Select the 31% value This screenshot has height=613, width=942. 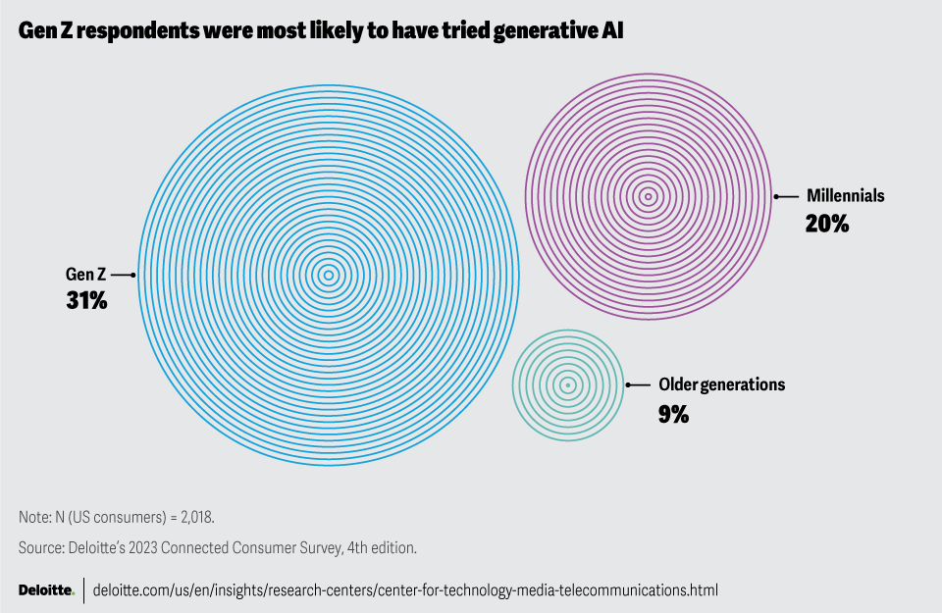(86, 301)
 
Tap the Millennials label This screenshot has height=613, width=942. (845, 196)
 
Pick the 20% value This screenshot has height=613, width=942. (826, 224)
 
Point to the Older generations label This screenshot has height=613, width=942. (721, 385)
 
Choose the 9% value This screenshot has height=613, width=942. (673, 414)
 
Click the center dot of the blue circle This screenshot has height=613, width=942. (328, 275)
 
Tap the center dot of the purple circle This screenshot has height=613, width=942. (648, 196)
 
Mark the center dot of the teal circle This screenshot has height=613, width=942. (568, 385)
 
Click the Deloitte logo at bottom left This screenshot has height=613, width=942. (46, 590)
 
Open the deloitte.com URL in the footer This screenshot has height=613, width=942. (405, 590)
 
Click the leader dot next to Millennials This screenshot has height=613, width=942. (777, 196)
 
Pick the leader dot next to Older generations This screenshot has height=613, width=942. (629, 385)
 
